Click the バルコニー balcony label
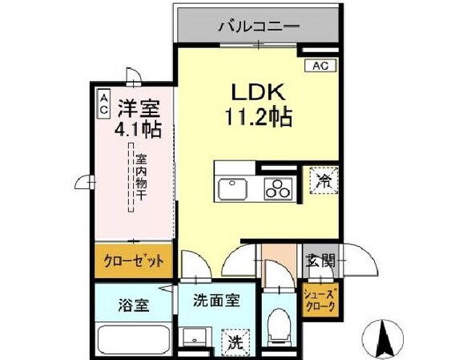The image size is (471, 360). click(x=259, y=26)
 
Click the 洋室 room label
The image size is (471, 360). click(x=139, y=107)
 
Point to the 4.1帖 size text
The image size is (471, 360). click(x=139, y=128)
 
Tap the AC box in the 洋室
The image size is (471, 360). click(x=105, y=103)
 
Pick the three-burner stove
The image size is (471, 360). click(x=280, y=189)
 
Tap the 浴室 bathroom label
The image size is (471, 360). click(x=132, y=305)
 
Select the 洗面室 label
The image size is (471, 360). click(x=215, y=304)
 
